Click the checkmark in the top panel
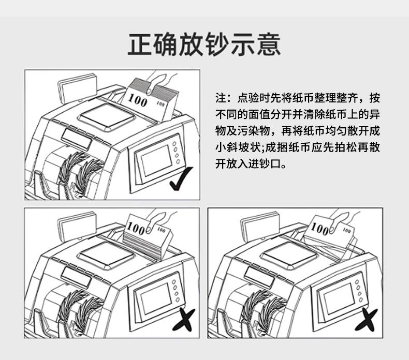point(181,178)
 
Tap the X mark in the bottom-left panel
point(184,320)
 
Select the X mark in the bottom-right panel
point(366,320)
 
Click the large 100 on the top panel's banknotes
point(138,100)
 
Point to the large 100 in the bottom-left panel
point(136,228)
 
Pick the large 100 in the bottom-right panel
point(319,229)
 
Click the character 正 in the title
point(140,44)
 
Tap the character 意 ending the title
point(268,44)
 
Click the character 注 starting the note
point(221,98)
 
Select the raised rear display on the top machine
point(78,88)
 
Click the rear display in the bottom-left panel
point(77,226)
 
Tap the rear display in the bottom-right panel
point(260,226)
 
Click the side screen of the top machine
point(155,160)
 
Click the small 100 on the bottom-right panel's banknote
point(347,230)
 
